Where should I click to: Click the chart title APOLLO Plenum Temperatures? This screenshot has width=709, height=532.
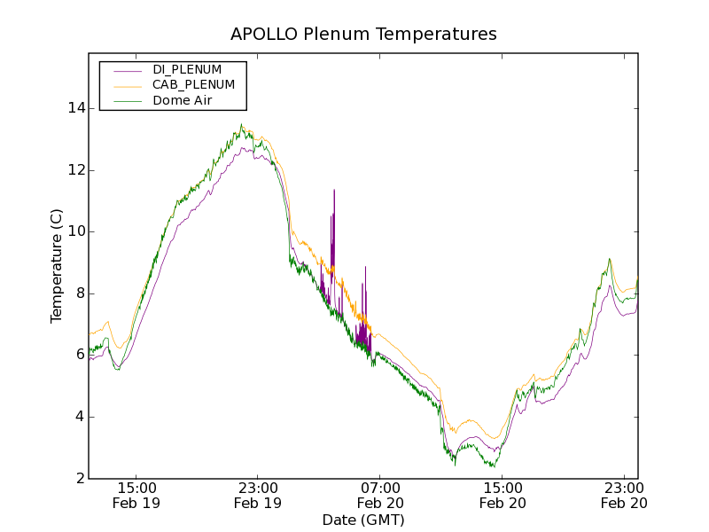click(363, 35)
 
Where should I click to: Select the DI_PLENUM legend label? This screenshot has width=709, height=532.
click(187, 69)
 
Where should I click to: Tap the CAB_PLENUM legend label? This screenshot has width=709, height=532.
click(193, 84)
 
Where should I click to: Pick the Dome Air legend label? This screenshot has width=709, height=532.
click(183, 100)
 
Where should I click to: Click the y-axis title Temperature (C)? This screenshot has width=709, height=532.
click(57, 266)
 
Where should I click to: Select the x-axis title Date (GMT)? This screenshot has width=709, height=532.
click(363, 520)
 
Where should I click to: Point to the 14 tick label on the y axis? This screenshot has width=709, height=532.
click(77, 108)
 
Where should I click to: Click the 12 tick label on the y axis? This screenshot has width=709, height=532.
click(77, 170)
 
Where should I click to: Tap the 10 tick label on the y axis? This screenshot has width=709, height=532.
click(77, 231)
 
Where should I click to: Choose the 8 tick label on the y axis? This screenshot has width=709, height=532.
click(81, 293)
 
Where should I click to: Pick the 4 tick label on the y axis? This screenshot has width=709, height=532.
click(81, 417)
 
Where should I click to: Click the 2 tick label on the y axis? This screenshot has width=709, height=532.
click(81, 479)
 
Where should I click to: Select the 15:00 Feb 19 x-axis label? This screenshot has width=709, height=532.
click(136, 496)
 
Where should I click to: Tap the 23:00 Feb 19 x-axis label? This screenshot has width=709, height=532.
click(258, 496)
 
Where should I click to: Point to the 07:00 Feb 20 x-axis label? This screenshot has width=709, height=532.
click(380, 496)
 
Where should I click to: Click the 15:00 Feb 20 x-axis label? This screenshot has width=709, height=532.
click(503, 496)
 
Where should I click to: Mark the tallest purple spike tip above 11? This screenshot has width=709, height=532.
click(334, 190)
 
